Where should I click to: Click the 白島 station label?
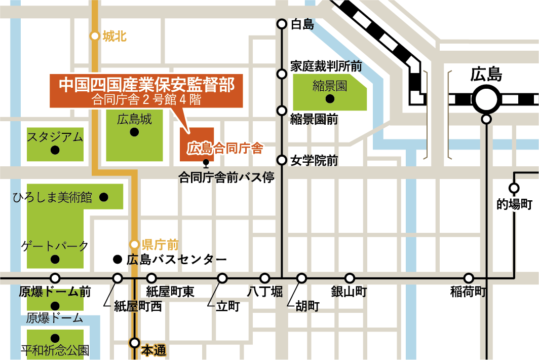(303, 24)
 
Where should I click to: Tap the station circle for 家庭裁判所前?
(282, 74)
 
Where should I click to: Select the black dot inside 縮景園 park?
(329, 98)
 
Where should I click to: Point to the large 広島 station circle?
(486, 98)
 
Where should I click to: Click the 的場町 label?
(514, 205)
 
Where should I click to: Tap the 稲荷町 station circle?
(469, 278)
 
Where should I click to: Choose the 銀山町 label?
(349, 292)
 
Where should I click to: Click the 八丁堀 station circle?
(265, 278)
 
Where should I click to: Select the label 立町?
(227, 306)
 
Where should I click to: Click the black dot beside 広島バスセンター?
(117, 260)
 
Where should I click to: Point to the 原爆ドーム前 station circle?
(55, 278)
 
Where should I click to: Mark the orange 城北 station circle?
(94, 36)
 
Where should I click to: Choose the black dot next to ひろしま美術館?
(104, 197)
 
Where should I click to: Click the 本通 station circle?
(134, 342)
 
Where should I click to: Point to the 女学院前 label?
(314, 161)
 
